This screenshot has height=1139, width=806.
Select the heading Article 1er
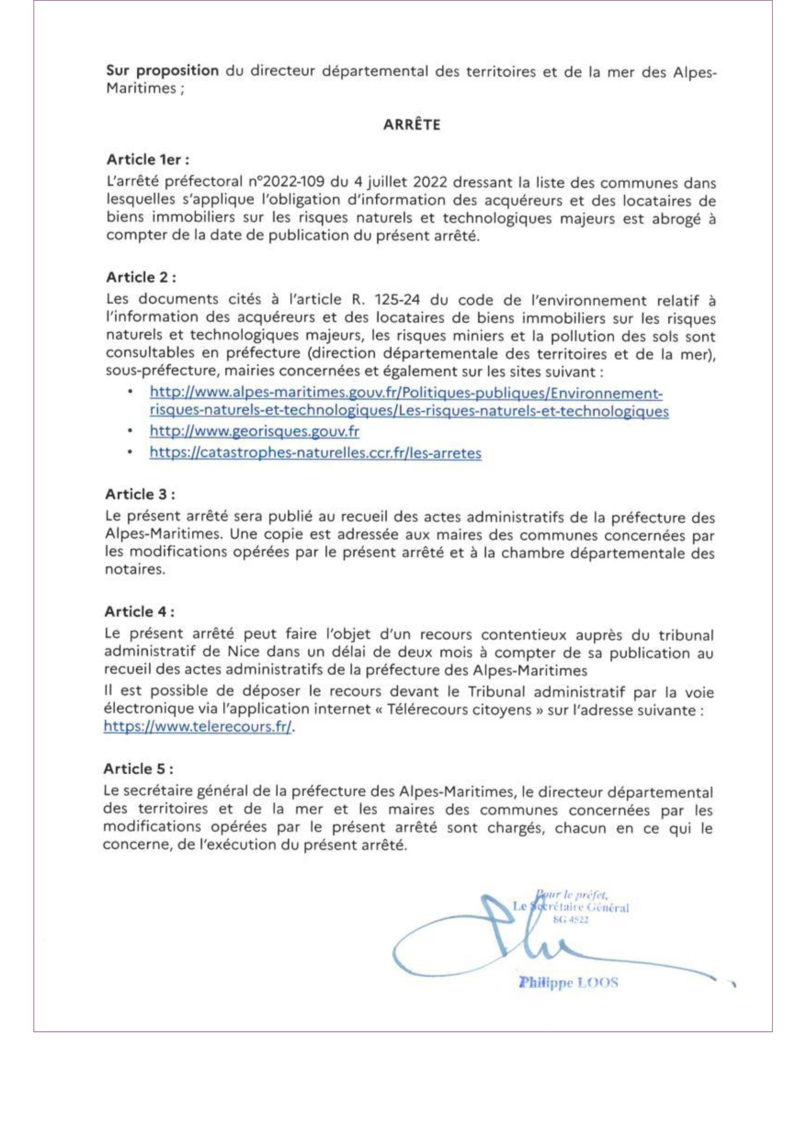148,160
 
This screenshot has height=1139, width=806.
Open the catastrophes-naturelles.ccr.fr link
315,453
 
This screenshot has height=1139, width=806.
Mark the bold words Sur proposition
162,70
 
